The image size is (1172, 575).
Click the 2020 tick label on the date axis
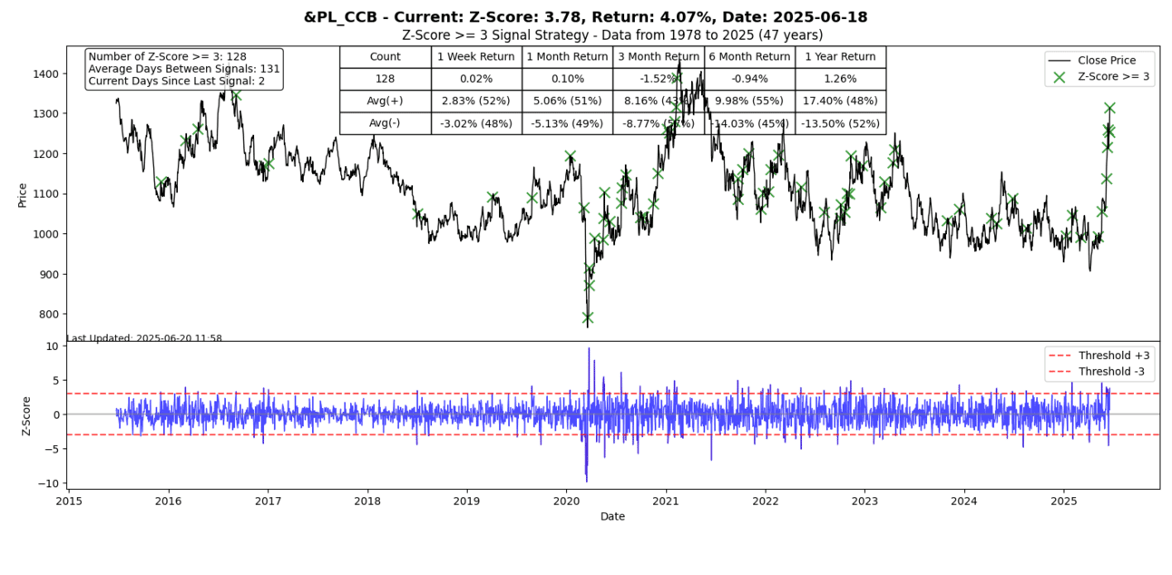(566, 500)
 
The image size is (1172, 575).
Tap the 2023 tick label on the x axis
(864, 500)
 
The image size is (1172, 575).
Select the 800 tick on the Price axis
(49, 314)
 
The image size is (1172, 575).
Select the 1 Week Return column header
(476, 56)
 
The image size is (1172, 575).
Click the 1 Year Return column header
(840, 56)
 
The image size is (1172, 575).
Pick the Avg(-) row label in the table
(385, 123)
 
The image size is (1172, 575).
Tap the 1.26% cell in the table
(840, 79)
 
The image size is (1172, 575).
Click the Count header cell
(385, 56)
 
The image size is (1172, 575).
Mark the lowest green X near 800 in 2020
(588, 317)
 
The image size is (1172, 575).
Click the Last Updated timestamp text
(144, 338)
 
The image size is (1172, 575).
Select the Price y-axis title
(23, 193)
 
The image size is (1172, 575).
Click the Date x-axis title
(612, 516)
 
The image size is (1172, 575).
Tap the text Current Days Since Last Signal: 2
(177, 82)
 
